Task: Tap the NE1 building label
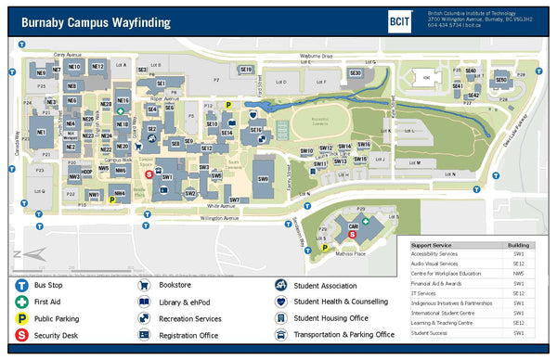click(42, 133)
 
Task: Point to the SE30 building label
click(355, 73)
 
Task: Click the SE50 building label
click(501, 80)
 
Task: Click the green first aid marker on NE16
click(120, 111)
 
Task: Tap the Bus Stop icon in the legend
click(19, 286)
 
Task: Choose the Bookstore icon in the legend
click(144, 286)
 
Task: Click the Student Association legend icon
click(279, 286)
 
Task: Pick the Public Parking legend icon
click(19, 318)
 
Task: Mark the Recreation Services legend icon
click(144, 318)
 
